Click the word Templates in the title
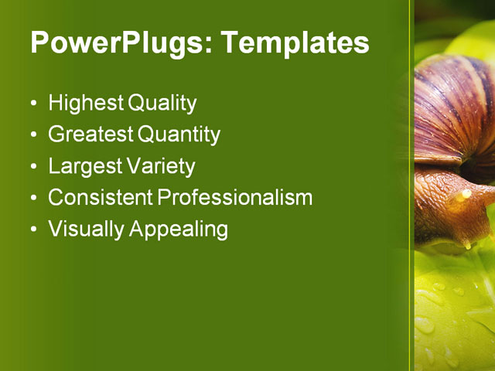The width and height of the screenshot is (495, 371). point(295,43)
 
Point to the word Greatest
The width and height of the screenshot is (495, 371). point(90,134)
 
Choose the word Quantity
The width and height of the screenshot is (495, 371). point(179,134)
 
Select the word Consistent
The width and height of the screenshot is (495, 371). point(101,197)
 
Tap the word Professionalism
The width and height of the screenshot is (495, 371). point(235,197)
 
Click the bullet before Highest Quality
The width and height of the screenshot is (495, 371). point(32,104)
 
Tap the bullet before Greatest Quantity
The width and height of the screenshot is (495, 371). point(32,135)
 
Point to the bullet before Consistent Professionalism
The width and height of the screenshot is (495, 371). point(32,198)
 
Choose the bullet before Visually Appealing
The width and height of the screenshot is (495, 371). point(32,230)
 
